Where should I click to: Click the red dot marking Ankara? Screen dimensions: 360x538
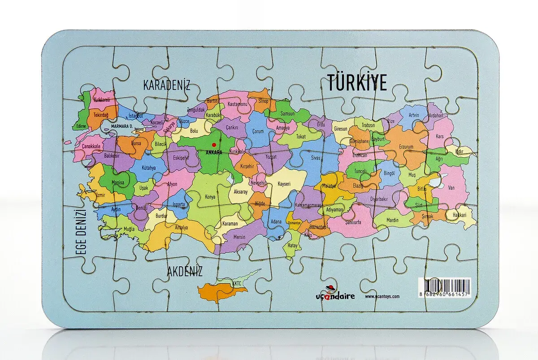pos(214,144)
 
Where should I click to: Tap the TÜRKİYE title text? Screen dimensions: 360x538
pos(356,83)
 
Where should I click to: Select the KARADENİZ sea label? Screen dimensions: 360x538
pos(167,85)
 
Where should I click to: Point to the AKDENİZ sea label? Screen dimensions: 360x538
pos(185,271)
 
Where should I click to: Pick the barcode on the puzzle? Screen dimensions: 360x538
pos(445,287)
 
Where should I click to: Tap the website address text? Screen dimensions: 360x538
pos(382,296)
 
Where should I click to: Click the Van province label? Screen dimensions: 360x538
pos(451,188)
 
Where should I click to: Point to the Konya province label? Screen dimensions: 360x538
pos(210,197)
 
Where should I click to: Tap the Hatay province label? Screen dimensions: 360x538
pos(292,245)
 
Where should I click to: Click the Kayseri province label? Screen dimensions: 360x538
pos(284,184)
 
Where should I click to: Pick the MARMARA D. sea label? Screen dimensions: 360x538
pos(122,127)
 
